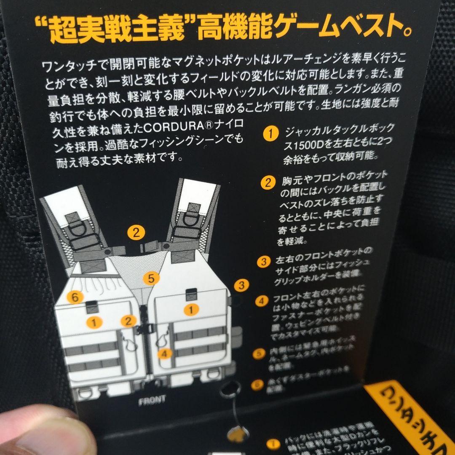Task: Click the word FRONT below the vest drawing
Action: pos(153,400)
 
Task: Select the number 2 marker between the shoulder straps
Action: pos(136,232)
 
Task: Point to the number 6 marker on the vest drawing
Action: pos(75,297)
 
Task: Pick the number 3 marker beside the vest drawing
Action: pos(241,285)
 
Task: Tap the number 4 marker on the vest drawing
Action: pos(165,353)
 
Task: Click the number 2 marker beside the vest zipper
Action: pos(128,321)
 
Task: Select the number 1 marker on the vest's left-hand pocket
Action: pos(94,323)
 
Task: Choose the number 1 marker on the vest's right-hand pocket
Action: pos(191,310)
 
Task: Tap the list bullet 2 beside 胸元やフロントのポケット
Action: pos(268,183)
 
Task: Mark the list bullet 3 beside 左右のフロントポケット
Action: pos(264,261)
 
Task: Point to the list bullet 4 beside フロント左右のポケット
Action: pos(262,301)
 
